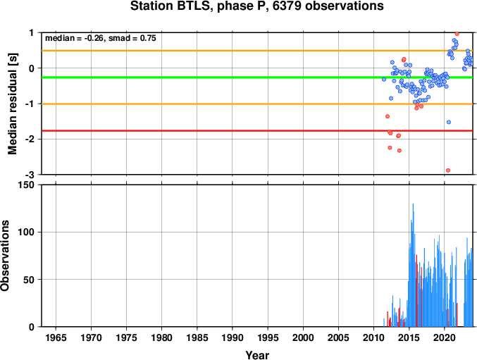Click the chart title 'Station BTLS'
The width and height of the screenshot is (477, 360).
[x=171, y=6]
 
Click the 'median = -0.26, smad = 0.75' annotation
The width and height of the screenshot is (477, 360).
[x=100, y=38]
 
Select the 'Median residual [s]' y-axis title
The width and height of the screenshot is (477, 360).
[x=13, y=104]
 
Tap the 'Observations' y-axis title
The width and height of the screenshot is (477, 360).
[x=5, y=256]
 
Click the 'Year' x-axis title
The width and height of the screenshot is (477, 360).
[x=257, y=355]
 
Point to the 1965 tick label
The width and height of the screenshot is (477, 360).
[x=56, y=337]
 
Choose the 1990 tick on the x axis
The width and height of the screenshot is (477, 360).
[x=233, y=337]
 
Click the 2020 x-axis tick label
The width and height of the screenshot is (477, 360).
[x=445, y=337]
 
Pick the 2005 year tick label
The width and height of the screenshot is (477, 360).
[x=338, y=337]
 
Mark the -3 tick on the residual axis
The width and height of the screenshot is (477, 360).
[x=32, y=175]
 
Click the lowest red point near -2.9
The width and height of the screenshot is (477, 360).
[x=448, y=170]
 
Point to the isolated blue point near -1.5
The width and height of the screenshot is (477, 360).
[x=449, y=122]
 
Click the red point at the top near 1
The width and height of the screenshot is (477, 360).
[x=457, y=34]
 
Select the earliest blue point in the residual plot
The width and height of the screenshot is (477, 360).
[x=384, y=79]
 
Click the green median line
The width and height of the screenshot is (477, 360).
[x=257, y=77]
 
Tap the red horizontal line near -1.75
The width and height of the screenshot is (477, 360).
[x=257, y=131]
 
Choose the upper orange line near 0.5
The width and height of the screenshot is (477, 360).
[x=257, y=51]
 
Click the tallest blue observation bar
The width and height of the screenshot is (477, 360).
[x=413, y=265]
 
